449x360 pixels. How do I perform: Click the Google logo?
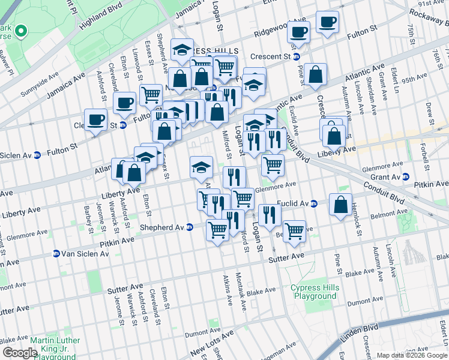[19, 353]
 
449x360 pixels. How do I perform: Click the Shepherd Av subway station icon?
[190, 227]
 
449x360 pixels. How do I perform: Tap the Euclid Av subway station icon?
[314, 204]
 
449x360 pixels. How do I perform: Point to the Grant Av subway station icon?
[406, 177]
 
